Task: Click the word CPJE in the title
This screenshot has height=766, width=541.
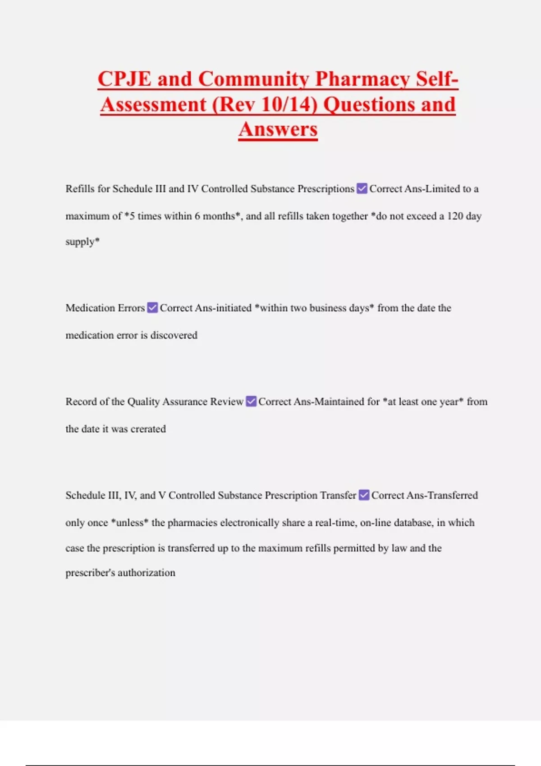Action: tap(124, 79)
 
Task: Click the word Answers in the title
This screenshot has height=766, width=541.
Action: tap(278, 130)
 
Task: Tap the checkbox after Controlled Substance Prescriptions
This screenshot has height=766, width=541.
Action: tap(362, 189)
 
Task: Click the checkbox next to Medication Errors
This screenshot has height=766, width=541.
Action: tap(152, 308)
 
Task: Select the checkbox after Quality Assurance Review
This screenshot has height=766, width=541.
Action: tap(251, 401)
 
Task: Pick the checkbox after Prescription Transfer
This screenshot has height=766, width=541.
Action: tap(364, 495)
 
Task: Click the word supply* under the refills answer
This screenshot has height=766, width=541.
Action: tap(83, 242)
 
